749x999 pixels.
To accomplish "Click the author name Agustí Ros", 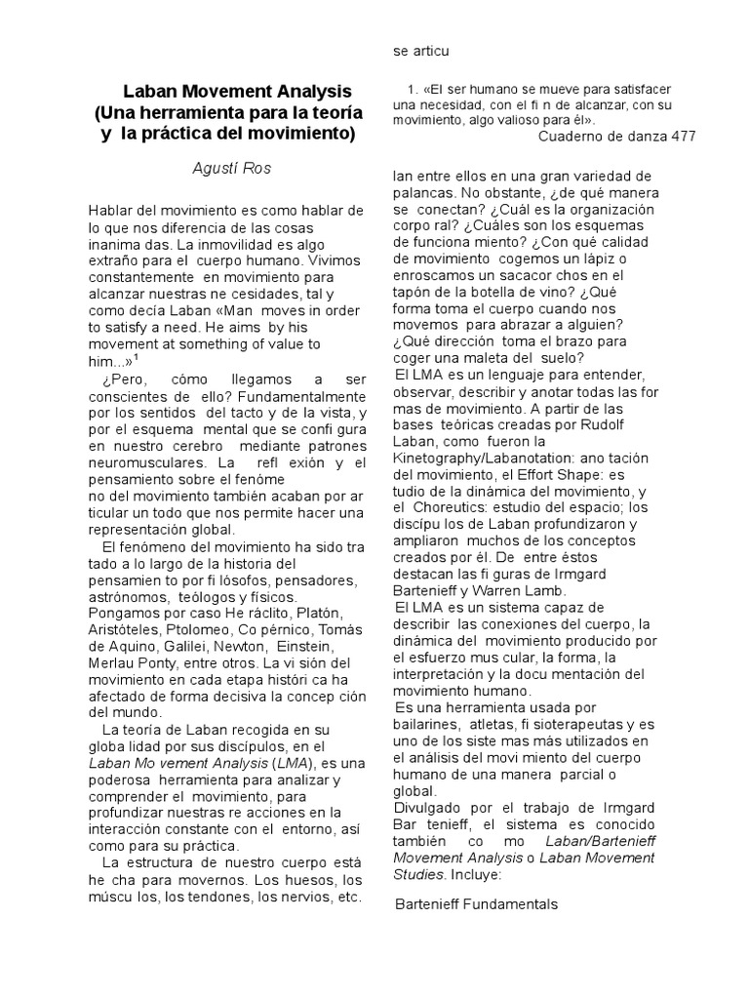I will click(230, 168).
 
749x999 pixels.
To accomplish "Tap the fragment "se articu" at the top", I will click(420, 50).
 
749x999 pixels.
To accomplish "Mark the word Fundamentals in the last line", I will click(512, 904).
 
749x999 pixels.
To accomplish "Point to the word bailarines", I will click(433, 723).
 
